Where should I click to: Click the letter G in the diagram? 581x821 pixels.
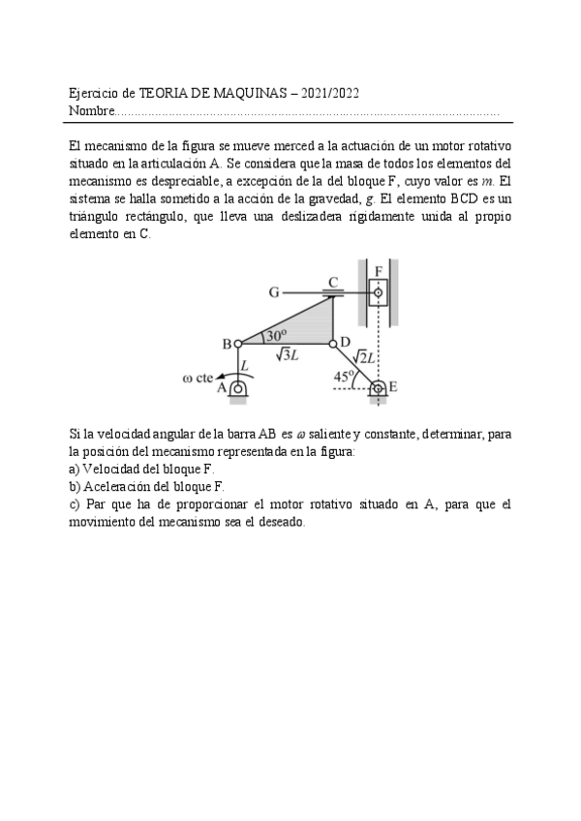click(x=274, y=290)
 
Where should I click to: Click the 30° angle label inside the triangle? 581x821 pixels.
click(x=277, y=334)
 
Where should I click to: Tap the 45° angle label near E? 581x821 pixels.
click(x=343, y=378)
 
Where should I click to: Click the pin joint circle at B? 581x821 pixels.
click(x=238, y=343)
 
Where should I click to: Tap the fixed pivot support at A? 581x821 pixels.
click(x=237, y=388)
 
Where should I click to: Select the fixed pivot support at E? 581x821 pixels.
click(x=378, y=389)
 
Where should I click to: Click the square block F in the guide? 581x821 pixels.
click(x=378, y=291)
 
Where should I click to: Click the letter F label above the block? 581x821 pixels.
click(x=379, y=270)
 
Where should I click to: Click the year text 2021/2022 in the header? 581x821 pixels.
click(x=332, y=94)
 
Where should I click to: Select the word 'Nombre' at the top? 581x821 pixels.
click(x=91, y=111)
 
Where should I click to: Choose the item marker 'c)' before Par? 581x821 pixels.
click(x=75, y=504)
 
